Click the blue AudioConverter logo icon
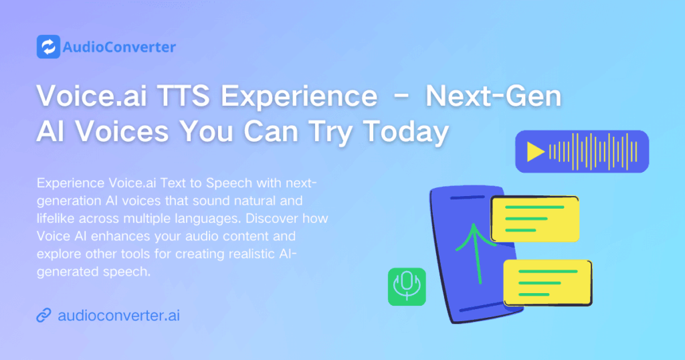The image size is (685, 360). (x=48, y=47)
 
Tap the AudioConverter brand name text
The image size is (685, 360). (x=119, y=47)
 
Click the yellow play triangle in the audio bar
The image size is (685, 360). (x=535, y=152)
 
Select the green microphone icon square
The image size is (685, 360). (x=407, y=286)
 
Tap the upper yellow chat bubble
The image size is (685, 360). (x=534, y=219)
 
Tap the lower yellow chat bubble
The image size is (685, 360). (x=547, y=281)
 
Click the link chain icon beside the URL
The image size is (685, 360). (x=43, y=315)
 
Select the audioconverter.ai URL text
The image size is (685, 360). (x=120, y=315)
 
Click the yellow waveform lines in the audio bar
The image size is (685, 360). (x=593, y=152)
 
